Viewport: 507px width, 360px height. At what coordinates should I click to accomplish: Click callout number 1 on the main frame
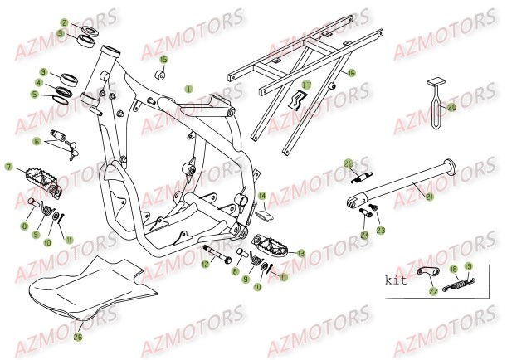(188, 88)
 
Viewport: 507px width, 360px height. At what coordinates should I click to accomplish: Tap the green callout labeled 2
(63, 23)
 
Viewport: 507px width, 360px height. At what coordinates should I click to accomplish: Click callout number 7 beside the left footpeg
(8, 167)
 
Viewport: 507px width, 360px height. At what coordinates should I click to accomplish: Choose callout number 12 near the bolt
(202, 265)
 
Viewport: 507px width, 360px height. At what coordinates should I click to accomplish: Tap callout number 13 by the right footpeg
(300, 253)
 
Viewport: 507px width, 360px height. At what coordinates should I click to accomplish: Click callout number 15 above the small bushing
(163, 60)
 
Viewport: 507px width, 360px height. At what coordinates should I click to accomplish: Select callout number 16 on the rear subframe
(351, 74)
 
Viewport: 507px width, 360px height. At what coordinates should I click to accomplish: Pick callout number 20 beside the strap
(452, 106)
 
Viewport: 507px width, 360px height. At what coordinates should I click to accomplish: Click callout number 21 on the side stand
(429, 196)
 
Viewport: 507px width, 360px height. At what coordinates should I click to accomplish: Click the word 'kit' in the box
(397, 280)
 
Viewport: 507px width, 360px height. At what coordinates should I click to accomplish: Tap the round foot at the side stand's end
(454, 165)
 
